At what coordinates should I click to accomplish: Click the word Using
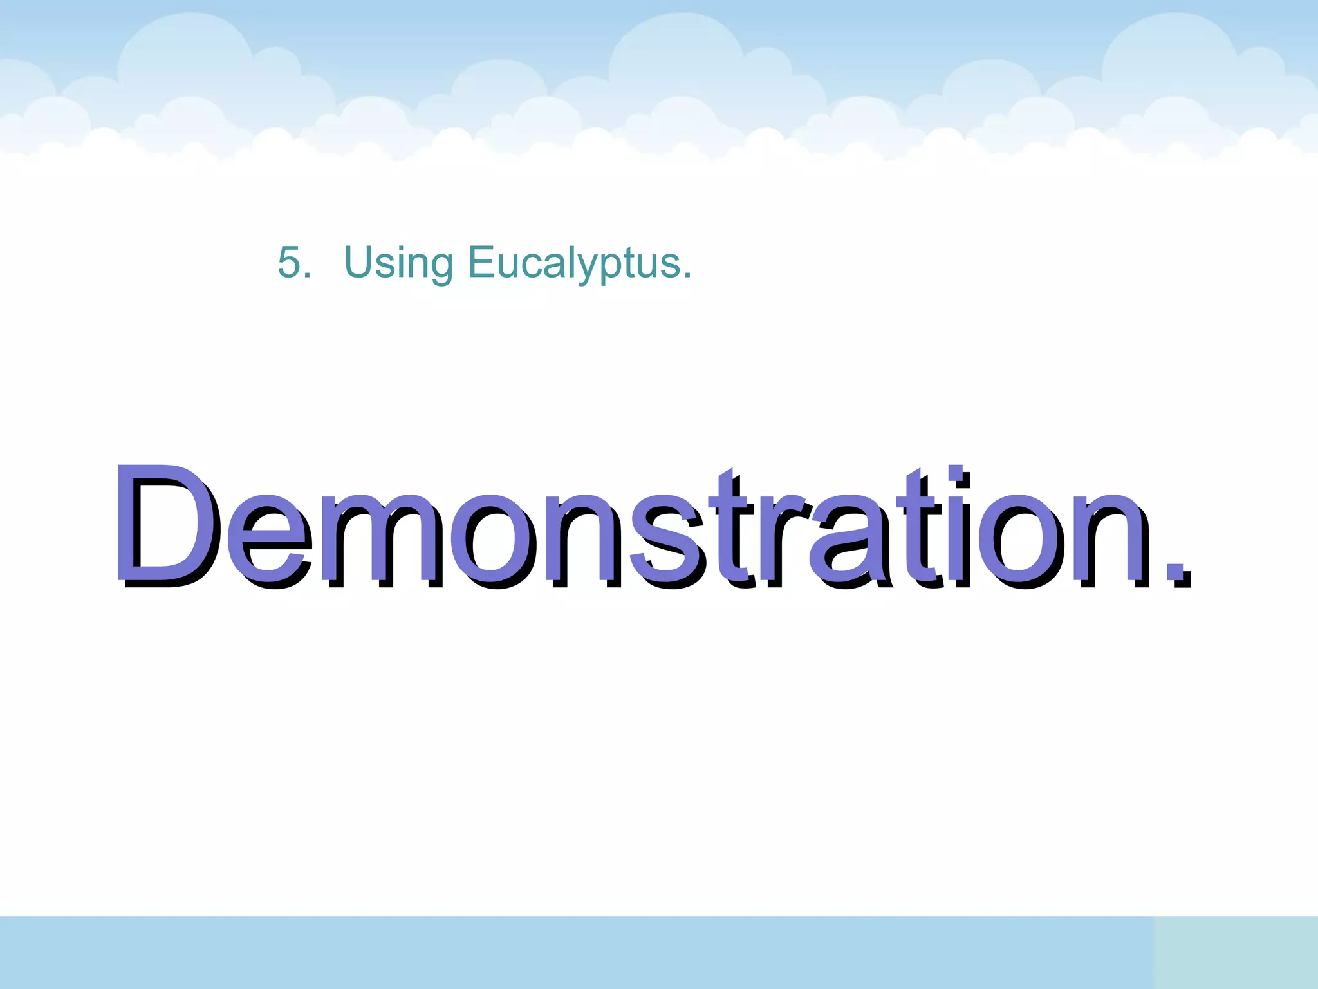[x=398, y=263]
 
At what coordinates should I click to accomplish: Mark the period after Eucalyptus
[x=687, y=276]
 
